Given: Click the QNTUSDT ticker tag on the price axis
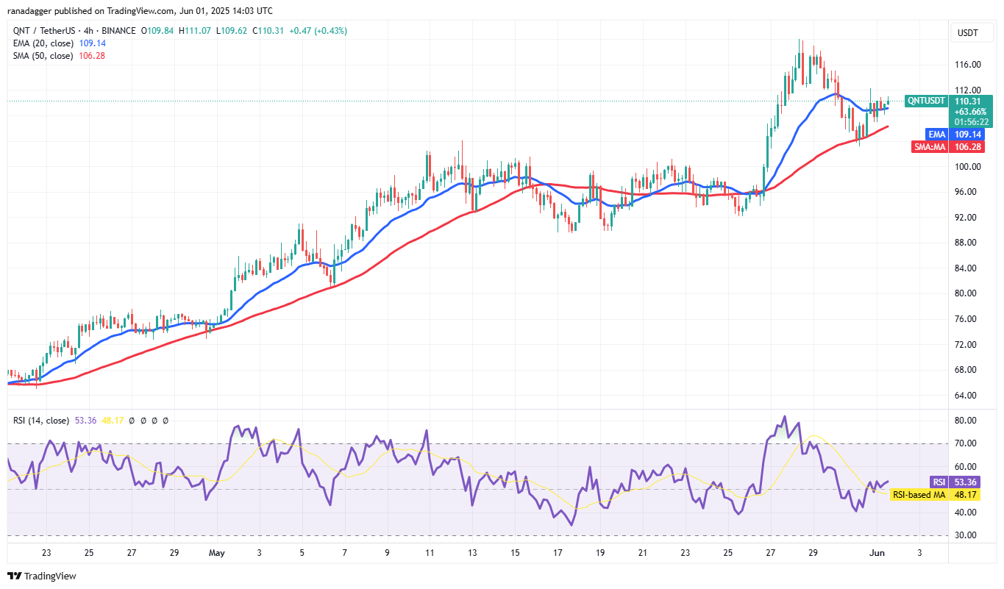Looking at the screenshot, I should (x=925, y=101).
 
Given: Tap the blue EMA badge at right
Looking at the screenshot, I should (x=934, y=135).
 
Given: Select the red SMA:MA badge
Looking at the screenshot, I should (x=929, y=146).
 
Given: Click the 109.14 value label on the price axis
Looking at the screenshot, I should (x=965, y=135).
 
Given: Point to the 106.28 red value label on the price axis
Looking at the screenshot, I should (x=965, y=146).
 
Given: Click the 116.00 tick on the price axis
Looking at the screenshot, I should (x=966, y=65).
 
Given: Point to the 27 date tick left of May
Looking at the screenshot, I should (x=131, y=552).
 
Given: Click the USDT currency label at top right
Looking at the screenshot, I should (x=966, y=33).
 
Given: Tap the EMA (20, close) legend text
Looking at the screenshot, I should (x=43, y=43).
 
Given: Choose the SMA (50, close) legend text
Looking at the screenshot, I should (x=43, y=56).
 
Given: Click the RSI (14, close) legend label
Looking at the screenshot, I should (x=41, y=421).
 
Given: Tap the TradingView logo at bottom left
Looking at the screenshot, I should (x=42, y=576).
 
